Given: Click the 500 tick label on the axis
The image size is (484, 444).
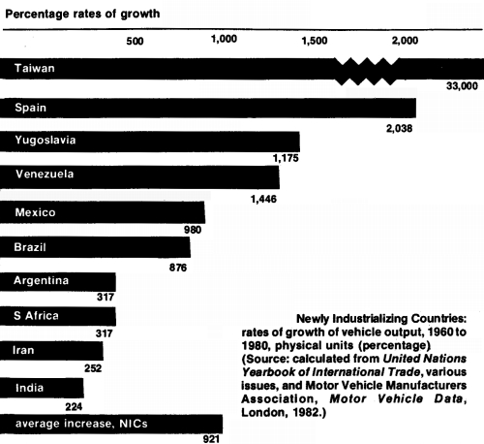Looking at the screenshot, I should tap(135, 43).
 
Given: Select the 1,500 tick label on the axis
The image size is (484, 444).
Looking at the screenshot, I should tap(316, 41).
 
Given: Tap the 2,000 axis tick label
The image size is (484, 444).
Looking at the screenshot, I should tap(406, 41).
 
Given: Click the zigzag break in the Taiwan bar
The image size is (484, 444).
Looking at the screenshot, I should tap(371, 71).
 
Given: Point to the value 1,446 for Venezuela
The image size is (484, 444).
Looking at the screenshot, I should tap(264, 197).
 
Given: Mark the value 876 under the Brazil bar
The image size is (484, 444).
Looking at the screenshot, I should tap(178, 267).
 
